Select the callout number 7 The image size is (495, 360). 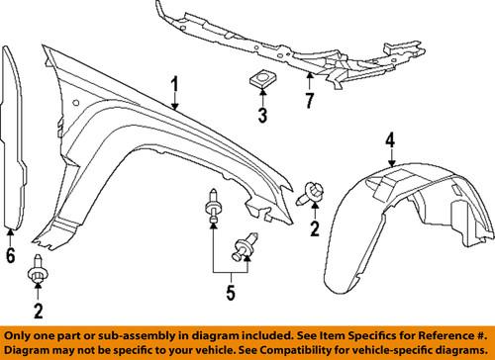[309, 99]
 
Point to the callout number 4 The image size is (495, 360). [391, 140]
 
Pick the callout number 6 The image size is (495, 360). [11, 256]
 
